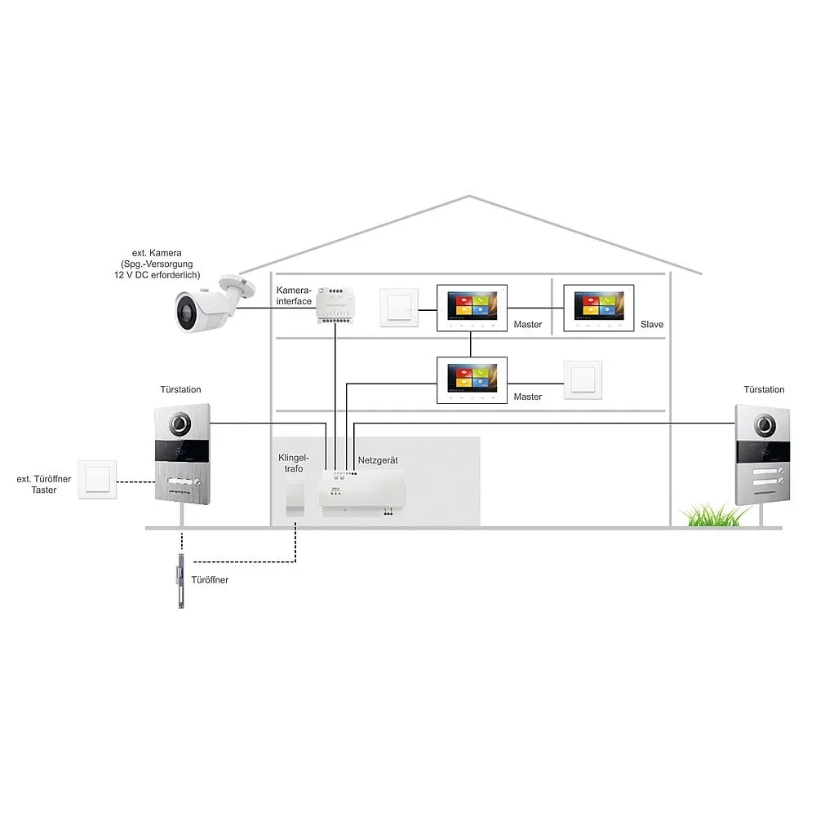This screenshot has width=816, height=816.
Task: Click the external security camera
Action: click(x=208, y=307)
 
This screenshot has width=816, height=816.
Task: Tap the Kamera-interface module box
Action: click(x=335, y=304)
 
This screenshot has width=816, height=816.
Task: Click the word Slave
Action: click(x=652, y=325)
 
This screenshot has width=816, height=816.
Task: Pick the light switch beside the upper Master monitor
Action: click(x=399, y=308)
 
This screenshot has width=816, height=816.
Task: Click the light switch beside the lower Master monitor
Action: click(x=583, y=380)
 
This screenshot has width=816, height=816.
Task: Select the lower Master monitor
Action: click(x=472, y=380)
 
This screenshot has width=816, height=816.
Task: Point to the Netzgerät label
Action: click(x=378, y=461)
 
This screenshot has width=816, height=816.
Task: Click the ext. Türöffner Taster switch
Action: click(x=98, y=480)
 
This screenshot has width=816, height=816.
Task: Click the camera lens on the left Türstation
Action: click(x=180, y=424)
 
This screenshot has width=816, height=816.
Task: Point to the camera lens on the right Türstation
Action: click(x=765, y=424)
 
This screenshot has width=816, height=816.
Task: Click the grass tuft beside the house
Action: click(x=716, y=516)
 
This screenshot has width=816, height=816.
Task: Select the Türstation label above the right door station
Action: click(x=764, y=390)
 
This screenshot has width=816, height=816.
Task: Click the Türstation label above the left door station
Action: click(x=180, y=390)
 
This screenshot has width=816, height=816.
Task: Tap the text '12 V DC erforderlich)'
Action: click(x=157, y=276)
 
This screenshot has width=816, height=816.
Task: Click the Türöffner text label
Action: click(x=210, y=579)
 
